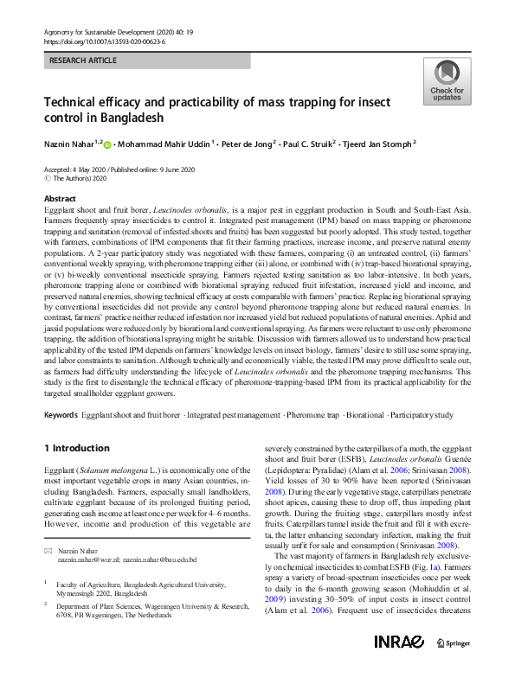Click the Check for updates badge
(x=447, y=81)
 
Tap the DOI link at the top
(x=103, y=42)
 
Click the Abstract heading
(x=59, y=198)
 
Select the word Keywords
(x=60, y=415)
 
